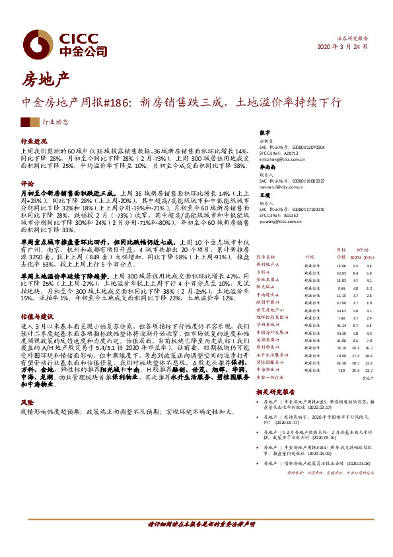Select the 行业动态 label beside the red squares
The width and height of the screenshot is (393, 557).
(x=55, y=122)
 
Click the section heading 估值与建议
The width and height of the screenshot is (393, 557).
(x=36, y=316)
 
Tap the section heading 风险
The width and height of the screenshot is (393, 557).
(x=27, y=402)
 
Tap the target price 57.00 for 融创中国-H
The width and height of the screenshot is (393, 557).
(x=341, y=302)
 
